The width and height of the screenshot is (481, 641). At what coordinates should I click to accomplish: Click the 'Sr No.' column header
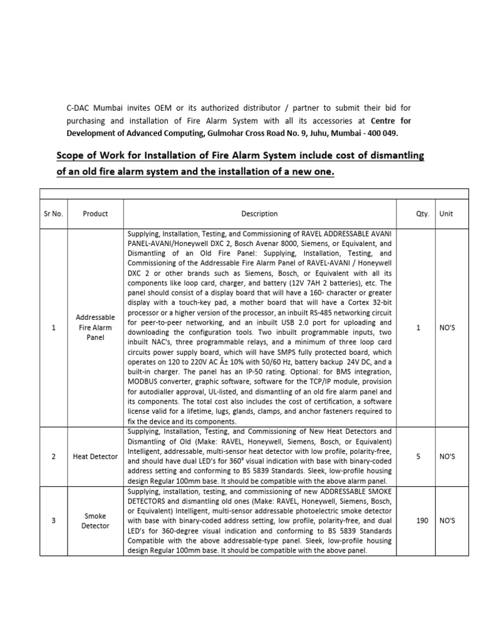pyautogui.click(x=54, y=213)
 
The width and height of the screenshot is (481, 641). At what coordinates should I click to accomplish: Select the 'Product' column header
pyautogui.click(x=95, y=213)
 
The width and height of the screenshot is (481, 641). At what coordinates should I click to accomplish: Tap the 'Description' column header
pyautogui.click(x=259, y=213)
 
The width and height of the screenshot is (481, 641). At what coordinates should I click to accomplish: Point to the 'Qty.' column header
pyautogui.click(x=423, y=213)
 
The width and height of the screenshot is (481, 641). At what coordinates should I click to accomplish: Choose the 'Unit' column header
pyautogui.click(x=446, y=213)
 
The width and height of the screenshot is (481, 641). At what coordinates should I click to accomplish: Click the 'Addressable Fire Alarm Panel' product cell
pyautogui.click(x=95, y=327)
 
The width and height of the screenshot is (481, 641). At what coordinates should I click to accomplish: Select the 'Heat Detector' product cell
pyautogui.click(x=95, y=456)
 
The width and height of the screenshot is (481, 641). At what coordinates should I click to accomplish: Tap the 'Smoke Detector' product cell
pyautogui.click(x=95, y=521)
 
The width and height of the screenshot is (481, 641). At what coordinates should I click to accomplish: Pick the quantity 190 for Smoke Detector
pyautogui.click(x=418, y=521)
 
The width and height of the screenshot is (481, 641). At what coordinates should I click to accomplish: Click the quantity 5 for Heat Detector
pyautogui.click(x=418, y=456)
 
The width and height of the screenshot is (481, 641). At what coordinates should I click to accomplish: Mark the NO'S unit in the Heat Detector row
pyautogui.click(x=447, y=456)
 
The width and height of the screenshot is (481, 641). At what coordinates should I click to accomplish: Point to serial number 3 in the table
pyautogui.click(x=54, y=521)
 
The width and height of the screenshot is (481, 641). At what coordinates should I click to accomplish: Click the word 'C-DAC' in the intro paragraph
pyautogui.click(x=79, y=108)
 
